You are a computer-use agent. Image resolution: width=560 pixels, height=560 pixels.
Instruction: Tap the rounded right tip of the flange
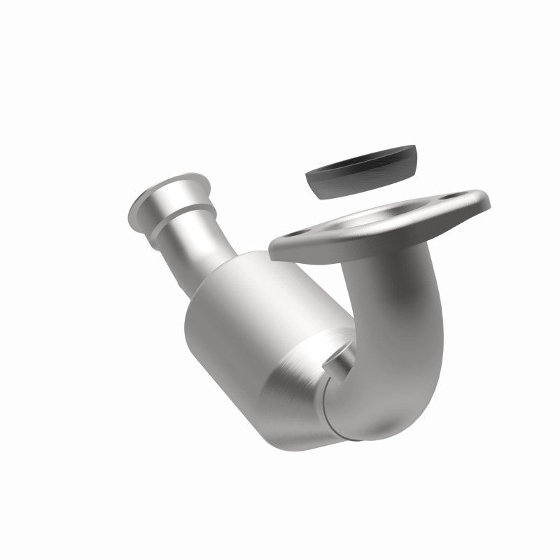483,199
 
